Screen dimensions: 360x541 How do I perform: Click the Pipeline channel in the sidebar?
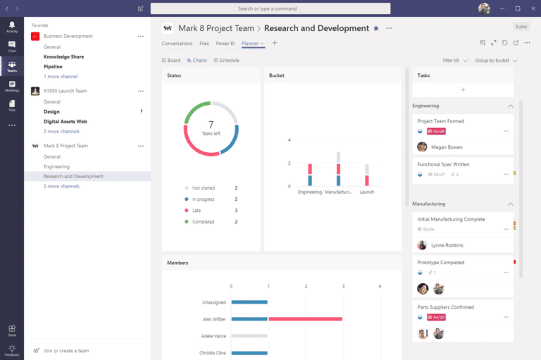click(x=53, y=67)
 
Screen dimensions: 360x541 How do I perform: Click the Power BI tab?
click(x=225, y=44)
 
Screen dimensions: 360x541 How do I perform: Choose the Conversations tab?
click(x=177, y=44)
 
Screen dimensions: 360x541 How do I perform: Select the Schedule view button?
click(x=227, y=61)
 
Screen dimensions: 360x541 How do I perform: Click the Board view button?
click(x=171, y=61)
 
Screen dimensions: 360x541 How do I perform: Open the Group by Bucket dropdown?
click(x=496, y=61)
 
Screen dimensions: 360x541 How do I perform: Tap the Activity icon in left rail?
click(x=12, y=27)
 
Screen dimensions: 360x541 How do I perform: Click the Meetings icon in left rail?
click(x=12, y=86)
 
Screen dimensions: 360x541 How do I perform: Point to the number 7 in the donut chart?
click(x=211, y=125)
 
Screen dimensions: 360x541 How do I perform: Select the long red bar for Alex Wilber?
click(x=305, y=319)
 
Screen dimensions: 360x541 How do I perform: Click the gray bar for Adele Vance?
click(x=249, y=336)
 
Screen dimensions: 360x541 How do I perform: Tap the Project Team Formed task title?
click(x=440, y=121)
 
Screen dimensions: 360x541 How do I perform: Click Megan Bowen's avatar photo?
click(x=423, y=147)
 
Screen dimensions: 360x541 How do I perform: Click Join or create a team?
click(x=66, y=351)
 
